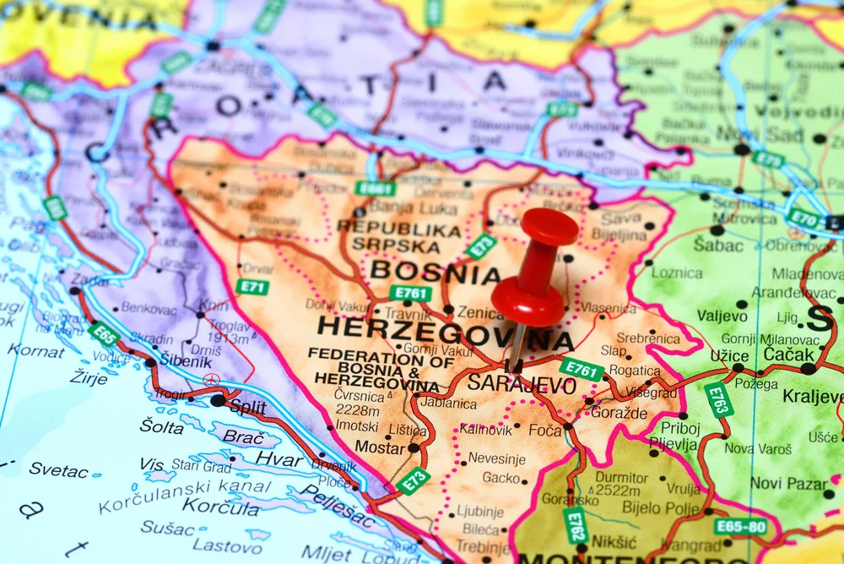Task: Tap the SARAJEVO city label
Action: tap(522, 384)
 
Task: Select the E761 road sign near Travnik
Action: tap(410, 294)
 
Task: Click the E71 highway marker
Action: tap(252, 287)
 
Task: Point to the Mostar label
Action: tap(380, 447)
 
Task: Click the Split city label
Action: tap(247, 407)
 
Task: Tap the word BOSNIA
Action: tap(436, 272)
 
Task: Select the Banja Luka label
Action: tap(403, 207)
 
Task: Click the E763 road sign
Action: tap(718, 400)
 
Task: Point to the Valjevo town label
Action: tap(722, 316)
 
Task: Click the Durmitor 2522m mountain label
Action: tap(623, 482)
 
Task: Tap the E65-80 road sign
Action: tap(739, 527)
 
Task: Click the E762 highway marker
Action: tap(575, 525)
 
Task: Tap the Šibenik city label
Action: tap(186, 361)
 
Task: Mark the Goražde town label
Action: tap(619, 413)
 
